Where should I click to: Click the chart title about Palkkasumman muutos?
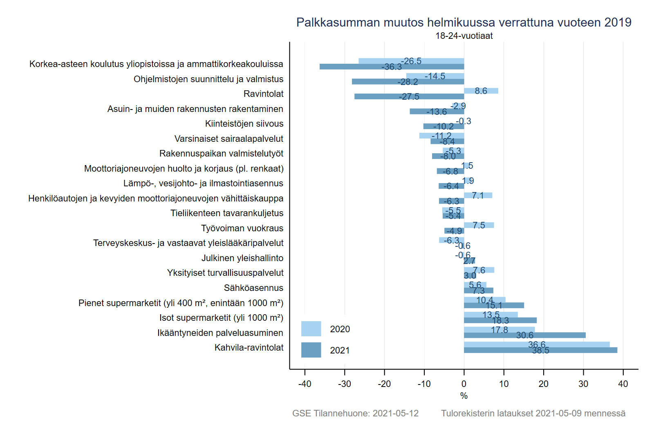point(464,22)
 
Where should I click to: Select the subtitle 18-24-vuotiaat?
point(464,36)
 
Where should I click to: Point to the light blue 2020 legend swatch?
point(311,329)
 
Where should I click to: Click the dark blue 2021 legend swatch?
point(311,350)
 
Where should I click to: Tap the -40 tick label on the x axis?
point(305,384)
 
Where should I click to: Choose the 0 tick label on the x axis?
point(464,384)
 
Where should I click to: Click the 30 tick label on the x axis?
point(583,384)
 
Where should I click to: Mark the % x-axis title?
point(464,396)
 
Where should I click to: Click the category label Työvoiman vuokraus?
point(242,228)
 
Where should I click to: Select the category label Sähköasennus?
point(253,288)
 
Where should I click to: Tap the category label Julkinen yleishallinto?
point(242,258)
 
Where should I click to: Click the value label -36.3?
point(392,67)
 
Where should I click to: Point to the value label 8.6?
point(481,91)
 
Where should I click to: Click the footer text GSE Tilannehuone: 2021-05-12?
point(355,414)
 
